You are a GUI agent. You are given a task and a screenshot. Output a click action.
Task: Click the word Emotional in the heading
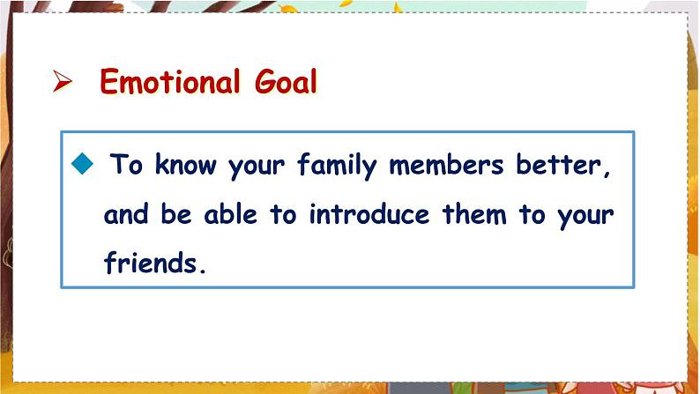[169, 81]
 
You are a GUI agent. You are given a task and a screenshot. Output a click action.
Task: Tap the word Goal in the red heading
[286, 81]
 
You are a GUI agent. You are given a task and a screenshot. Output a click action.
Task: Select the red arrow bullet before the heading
[62, 81]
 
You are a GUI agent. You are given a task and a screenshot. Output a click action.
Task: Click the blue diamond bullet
[82, 163]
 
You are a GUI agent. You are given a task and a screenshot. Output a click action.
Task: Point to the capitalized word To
[126, 164]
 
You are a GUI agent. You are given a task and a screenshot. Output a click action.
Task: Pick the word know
[186, 164]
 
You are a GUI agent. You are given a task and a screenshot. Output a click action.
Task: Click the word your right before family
[257, 167]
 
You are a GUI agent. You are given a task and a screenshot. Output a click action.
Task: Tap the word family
[338, 166]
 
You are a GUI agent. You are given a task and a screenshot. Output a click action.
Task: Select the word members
[446, 164]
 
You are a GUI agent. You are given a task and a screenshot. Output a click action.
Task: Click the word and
[126, 213]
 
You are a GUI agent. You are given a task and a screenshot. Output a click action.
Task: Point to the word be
[176, 213]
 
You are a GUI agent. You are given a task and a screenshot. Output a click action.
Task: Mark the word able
[231, 213]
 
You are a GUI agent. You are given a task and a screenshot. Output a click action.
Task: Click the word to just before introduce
[283, 214]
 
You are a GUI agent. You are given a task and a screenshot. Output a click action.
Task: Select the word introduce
[369, 213]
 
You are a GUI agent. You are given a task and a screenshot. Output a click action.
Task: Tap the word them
[474, 213]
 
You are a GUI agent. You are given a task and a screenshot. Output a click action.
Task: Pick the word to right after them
[532, 214]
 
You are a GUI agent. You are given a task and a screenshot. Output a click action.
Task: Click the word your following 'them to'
[585, 217]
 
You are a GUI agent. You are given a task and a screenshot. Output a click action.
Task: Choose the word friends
[151, 262]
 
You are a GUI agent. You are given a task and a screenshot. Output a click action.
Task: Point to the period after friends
[203, 271]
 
